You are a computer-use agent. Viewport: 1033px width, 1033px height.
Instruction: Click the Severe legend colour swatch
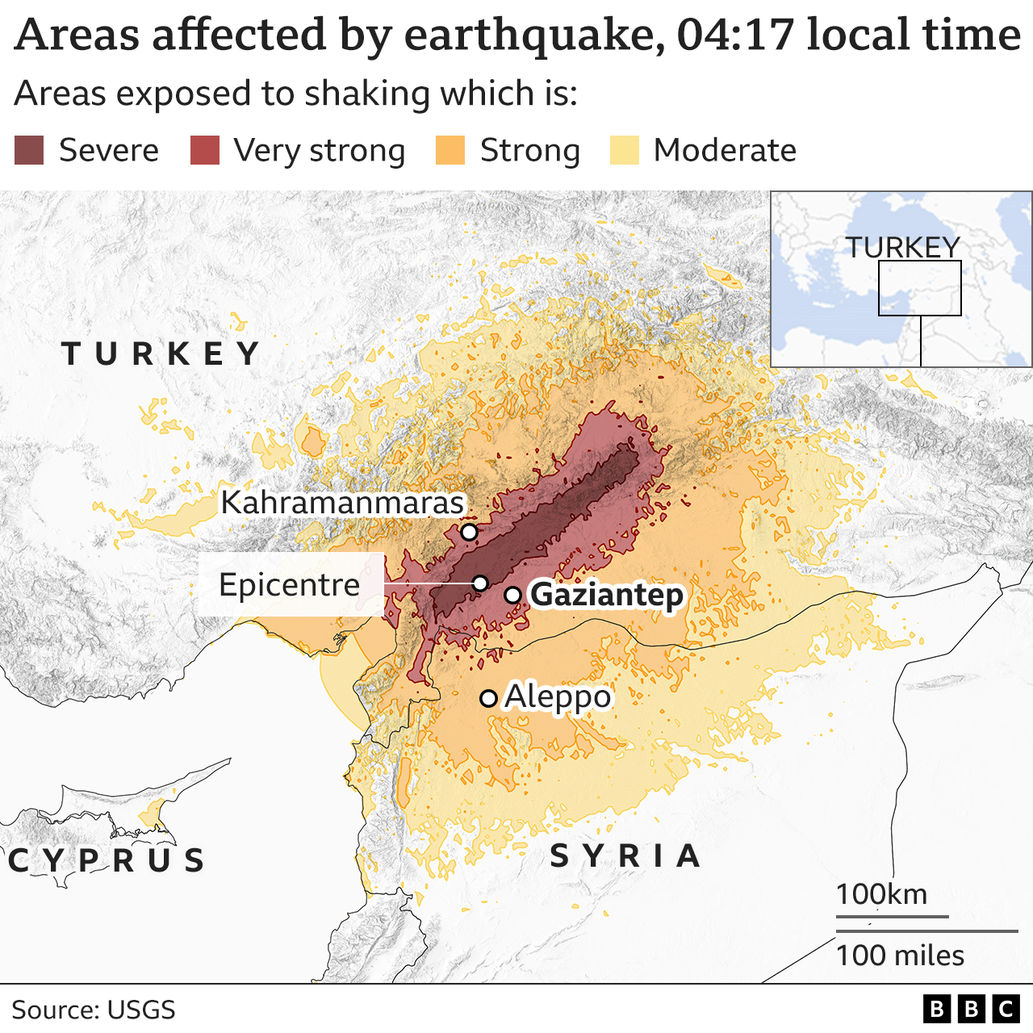click(x=29, y=151)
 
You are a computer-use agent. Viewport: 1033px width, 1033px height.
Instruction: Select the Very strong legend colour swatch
click(x=205, y=151)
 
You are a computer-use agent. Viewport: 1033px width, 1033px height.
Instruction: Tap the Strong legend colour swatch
click(x=450, y=151)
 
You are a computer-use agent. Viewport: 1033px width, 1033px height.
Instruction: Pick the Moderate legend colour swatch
click(x=625, y=151)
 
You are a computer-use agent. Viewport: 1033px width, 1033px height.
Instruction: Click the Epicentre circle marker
click(x=480, y=583)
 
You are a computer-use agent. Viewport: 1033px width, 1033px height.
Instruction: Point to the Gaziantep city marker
click(x=512, y=596)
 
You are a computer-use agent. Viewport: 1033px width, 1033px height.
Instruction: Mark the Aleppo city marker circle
click(x=488, y=698)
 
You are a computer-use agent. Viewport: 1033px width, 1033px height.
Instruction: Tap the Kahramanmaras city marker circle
click(x=469, y=532)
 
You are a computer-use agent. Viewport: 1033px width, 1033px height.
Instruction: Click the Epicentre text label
click(x=289, y=584)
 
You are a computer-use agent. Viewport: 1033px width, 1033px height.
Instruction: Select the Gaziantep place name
click(x=607, y=595)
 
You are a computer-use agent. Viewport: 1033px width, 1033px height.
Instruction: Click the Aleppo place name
click(x=558, y=696)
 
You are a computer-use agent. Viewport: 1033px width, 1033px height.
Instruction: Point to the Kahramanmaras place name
click(x=342, y=502)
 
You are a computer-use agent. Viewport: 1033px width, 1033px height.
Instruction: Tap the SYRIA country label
click(x=625, y=855)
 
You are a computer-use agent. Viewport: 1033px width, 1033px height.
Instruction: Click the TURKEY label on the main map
click(x=161, y=353)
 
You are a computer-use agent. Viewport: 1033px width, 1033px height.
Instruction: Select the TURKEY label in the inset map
click(x=902, y=247)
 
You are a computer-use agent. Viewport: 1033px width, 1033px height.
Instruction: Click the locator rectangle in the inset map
click(x=920, y=288)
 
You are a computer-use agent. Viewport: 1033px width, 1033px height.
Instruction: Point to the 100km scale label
click(x=881, y=894)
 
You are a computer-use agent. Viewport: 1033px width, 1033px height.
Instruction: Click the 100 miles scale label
click(x=900, y=956)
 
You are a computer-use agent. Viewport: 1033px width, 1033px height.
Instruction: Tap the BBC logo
click(x=972, y=1009)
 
